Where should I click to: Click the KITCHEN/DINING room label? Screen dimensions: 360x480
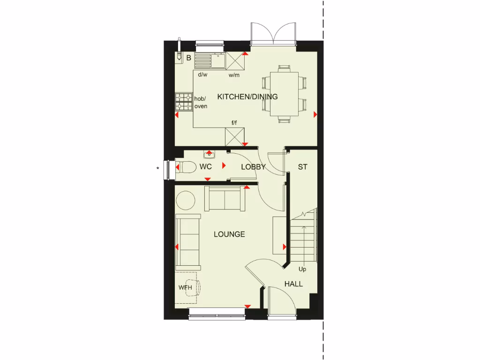point(247,97)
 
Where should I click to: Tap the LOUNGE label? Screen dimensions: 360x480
point(229,234)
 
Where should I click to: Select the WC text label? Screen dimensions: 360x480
point(205,167)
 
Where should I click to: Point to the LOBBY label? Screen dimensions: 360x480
point(253,167)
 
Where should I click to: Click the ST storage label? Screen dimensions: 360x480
point(302,167)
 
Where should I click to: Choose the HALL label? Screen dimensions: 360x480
point(293,284)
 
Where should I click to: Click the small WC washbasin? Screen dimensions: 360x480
point(209,154)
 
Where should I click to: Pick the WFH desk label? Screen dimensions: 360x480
point(185,287)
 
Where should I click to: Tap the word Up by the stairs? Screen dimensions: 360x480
point(302,269)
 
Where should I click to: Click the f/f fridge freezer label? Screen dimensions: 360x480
point(234,123)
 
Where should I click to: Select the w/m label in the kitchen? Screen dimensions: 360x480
point(234,75)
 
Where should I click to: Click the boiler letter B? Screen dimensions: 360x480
point(188,58)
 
